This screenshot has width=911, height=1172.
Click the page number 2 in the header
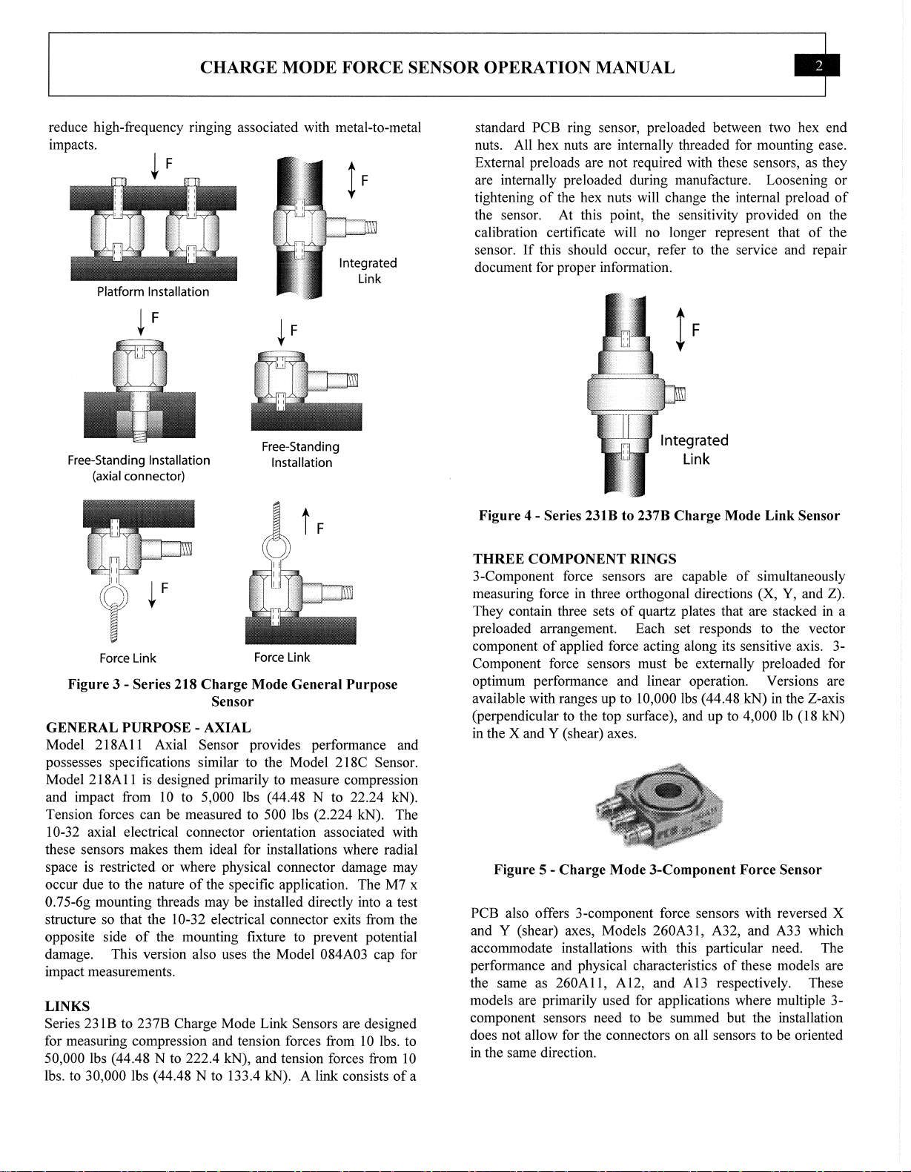tap(818, 66)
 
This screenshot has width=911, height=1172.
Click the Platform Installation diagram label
tap(153, 292)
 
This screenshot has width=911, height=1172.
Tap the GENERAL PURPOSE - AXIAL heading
tap(148, 727)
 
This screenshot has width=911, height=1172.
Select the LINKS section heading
tap(67, 1006)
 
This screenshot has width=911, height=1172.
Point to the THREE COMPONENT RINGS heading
tap(574, 559)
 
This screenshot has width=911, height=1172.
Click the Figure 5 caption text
tap(657, 870)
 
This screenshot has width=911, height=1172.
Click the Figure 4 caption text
tap(659, 515)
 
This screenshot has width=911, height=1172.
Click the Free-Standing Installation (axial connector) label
tap(139, 468)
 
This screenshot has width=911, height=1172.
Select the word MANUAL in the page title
tap(635, 68)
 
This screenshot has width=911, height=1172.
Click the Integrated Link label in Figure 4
tap(695, 450)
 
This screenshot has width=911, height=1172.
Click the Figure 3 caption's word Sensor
tap(232, 701)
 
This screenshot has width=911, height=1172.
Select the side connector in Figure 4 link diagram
tap(677, 394)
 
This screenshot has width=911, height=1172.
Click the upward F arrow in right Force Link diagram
tap(305, 523)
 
